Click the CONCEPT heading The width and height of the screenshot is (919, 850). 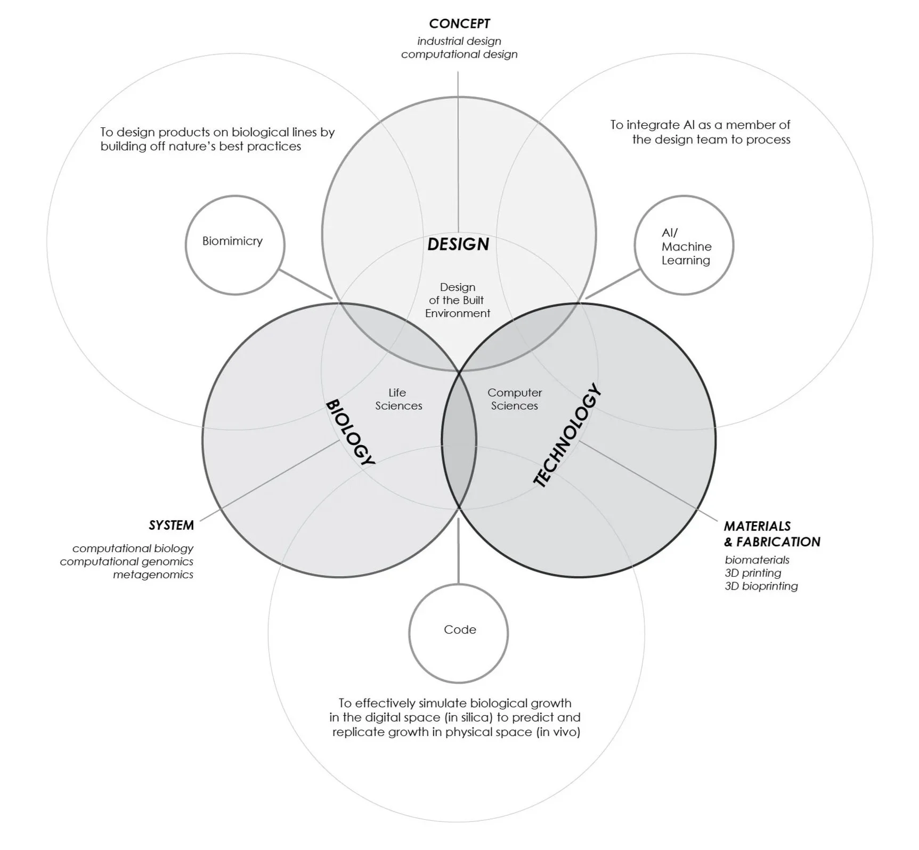pyautogui.click(x=459, y=23)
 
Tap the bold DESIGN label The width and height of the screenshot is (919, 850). pyautogui.click(x=458, y=244)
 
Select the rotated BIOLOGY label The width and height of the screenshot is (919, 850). pyautogui.click(x=350, y=432)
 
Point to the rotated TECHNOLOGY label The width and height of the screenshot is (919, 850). pyautogui.click(x=567, y=435)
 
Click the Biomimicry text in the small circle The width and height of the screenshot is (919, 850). pyautogui.click(x=232, y=241)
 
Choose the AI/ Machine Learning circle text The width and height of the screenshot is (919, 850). pyautogui.click(x=686, y=247)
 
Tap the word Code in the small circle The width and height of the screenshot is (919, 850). pyautogui.click(x=460, y=629)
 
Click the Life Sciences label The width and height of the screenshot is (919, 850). pyautogui.click(x=398, y=399)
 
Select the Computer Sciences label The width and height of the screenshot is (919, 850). pyautogui.click(x=515, y=399)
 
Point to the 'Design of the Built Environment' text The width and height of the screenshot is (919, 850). pyautogui.click(x=458, y=300)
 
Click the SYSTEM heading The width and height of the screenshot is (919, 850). pyautogui.click(x=171, y=525)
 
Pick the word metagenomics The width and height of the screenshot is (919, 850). pyautogui.click(x=153, y=574)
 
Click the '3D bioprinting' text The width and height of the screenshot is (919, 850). pyautogui.click(x=761, y=586)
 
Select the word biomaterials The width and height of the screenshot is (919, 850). pyautogui.click(x=757, y=560)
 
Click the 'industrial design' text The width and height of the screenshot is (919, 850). pyautogui.click(x=459, y=41)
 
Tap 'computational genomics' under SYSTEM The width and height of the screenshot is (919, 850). pyautogui.click(x=127, y=562)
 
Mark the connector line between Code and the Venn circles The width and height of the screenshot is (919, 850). pyautogui.click(x=458, y=552)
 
